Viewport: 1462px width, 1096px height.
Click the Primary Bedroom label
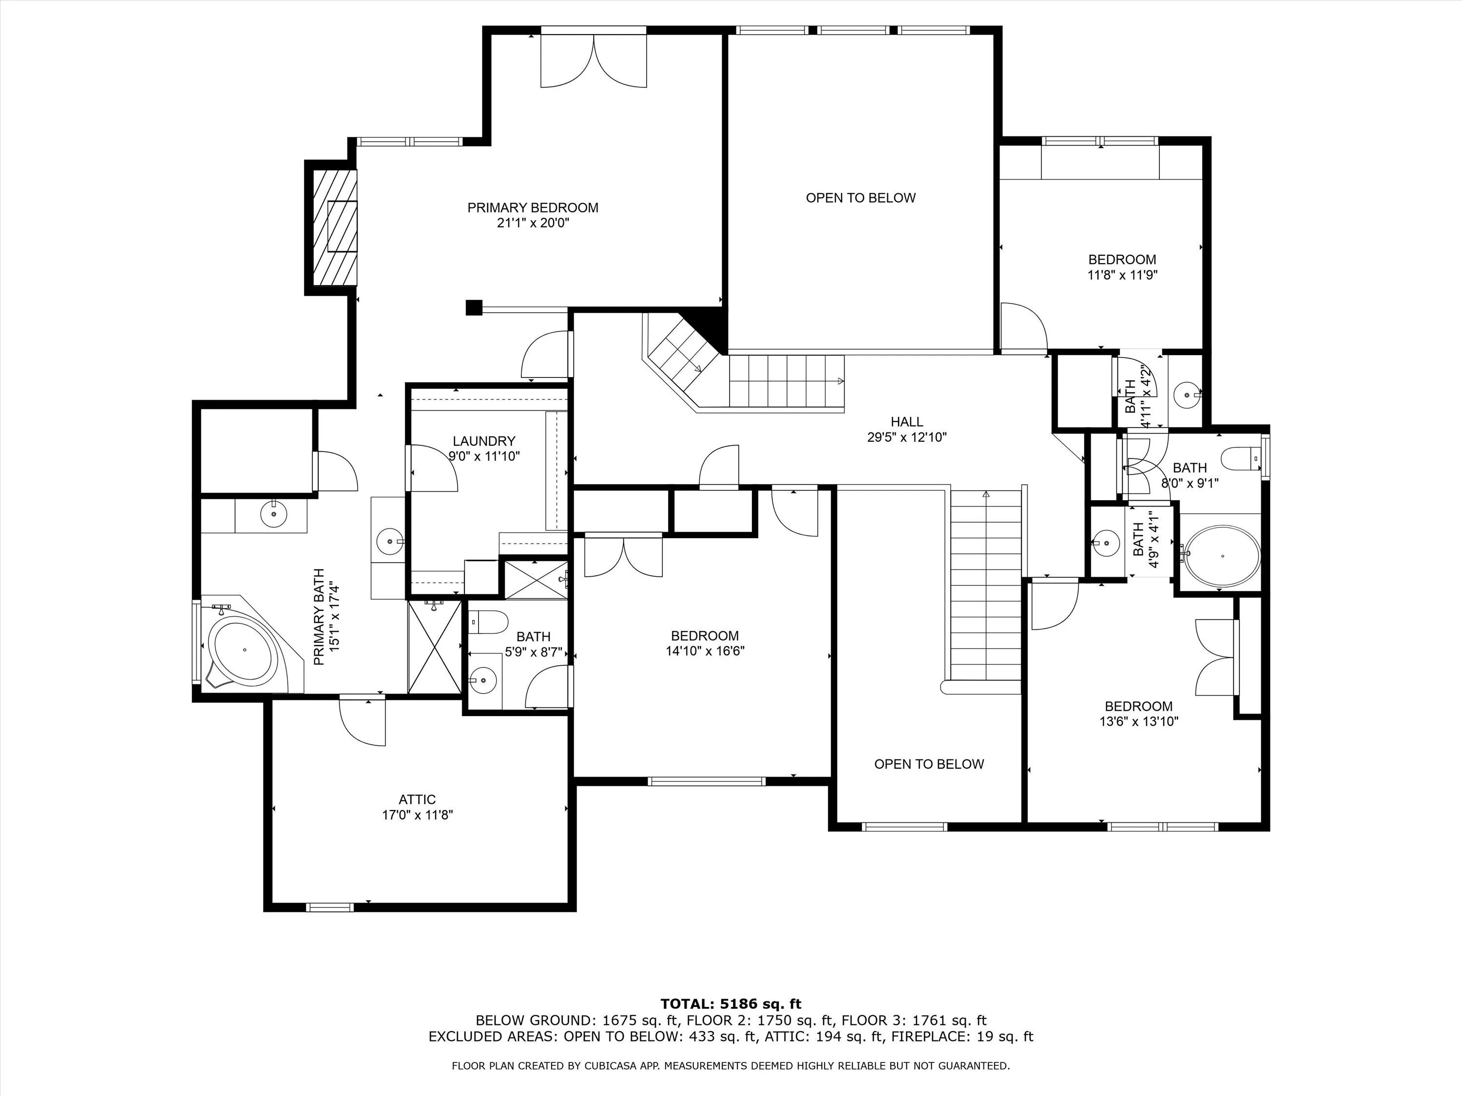click(533, 208)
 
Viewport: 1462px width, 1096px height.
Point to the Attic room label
click(417, 799)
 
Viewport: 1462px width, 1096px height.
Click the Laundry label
click(484, 441)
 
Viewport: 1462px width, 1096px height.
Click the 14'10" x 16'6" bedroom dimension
click(705, 651)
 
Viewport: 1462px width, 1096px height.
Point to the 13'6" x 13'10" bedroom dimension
click(1139, 721)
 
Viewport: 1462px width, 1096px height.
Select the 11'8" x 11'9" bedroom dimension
click(1122, 275)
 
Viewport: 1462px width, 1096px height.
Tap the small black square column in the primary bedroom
click(473, 308)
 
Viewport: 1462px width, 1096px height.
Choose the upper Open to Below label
click(861, 198)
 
